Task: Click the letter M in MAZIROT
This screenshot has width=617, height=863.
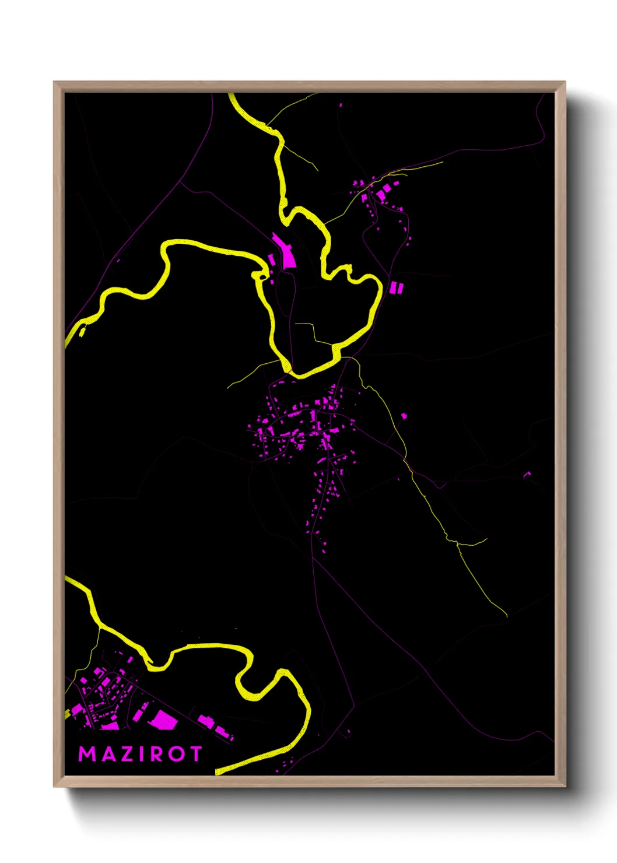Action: pyautogui.click(x=87, y=754)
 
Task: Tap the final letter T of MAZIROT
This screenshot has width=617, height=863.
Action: pyautogui.click(x=195, y=754)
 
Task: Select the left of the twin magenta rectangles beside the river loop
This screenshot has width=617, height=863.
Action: pyautogui.click(x=393, y=287)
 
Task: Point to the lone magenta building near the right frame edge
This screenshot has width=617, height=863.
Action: pyautogui.click(x=527, y=474)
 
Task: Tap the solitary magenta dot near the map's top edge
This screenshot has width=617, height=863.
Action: pyautogui.click(x=341, y=106)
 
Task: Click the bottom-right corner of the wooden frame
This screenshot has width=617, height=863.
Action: pyautogui.click(x=565, y=786)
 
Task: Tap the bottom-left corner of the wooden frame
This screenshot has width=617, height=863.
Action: pyautogui.click(x=55, y=786)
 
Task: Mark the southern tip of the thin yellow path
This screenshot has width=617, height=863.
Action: pyautogui.click(x=506, y=616)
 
